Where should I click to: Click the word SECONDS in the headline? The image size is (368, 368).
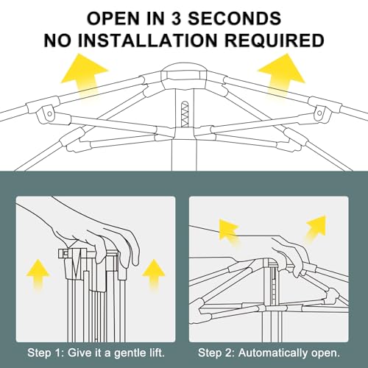[x=234, y=18]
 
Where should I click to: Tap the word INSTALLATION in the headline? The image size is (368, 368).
[x=147, y=40]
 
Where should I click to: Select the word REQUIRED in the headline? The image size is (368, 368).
[x=275, y=40]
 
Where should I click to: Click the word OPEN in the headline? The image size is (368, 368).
[x=113, y=18]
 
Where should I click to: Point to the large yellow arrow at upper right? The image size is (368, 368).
[x=282, y=74]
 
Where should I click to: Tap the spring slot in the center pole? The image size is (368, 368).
[x=185, y=114]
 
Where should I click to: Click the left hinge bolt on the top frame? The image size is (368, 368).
[x=49, y=113]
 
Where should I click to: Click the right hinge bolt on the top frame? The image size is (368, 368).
[x=319, y=113]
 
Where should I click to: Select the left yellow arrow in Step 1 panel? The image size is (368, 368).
[x=38, y=275]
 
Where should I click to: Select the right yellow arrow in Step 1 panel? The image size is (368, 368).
[x=153, y=275]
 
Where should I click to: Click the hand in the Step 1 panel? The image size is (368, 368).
[x=98, y=236]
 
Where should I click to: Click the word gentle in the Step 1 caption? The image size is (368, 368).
[x=130, y=353]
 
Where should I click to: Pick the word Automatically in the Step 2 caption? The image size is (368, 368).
[x=273, y=353]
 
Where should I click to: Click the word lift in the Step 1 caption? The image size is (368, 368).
[x=155, y=353]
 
